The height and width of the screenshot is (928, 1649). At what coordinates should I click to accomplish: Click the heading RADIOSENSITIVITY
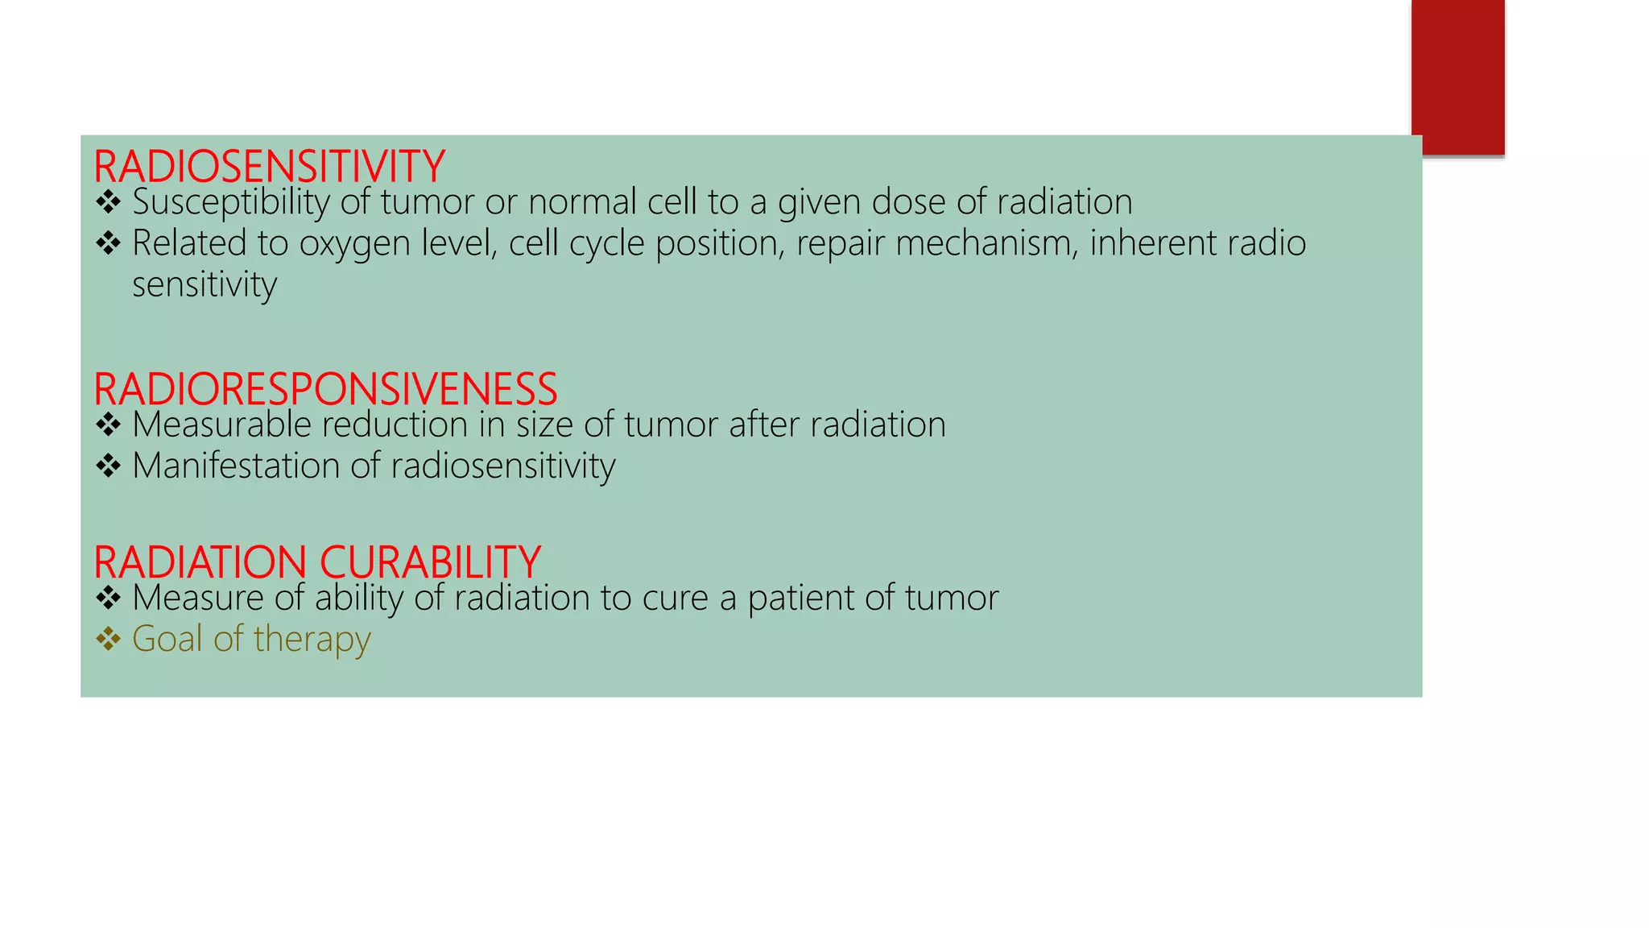pyautogui.click(x=269, y=167)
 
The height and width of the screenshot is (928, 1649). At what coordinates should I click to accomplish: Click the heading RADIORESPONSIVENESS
pyautogui.click(x=325, y=389)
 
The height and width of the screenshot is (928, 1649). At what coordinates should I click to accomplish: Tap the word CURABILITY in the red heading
pyautogui.click(x=430, y=562)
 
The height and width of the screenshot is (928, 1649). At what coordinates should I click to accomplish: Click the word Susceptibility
pyautogui.click(x=231, y=202)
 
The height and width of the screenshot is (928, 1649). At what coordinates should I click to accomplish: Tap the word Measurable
pyautogui.click(x=221, y=425)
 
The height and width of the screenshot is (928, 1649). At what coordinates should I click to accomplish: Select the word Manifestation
pyautogui.click(x=236, y=466)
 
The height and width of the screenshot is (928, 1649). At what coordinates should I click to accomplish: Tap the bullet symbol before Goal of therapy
pyautogui.click(x=108, y=639)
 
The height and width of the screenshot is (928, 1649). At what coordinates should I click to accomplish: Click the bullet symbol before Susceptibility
pyautogui.click(x=108, y=201)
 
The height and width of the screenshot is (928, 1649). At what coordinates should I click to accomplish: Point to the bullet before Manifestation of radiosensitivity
pyautogui.click(x=108, y=466)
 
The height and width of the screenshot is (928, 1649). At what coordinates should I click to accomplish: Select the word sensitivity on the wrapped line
pyautogui.click(x=205, y=285)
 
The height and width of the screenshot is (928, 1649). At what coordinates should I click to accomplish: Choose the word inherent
pyautogui.click(x=1153, y=243)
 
